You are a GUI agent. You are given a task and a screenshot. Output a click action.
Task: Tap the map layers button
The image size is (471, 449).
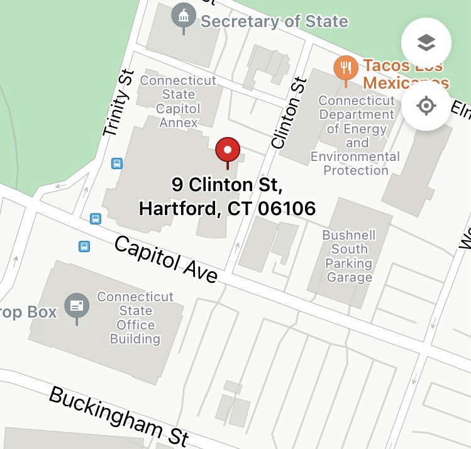coord(426,43)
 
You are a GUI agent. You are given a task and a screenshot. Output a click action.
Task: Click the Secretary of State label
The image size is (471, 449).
coord(274,21)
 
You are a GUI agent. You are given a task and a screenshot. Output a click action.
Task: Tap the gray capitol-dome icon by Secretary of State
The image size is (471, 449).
coord(184,16)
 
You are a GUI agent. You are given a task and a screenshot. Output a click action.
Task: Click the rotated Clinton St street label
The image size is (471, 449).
coord(289,113)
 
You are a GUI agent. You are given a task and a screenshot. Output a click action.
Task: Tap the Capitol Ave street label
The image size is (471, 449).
coord(166,260)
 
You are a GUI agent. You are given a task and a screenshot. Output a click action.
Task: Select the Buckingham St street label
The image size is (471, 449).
coord(118,413)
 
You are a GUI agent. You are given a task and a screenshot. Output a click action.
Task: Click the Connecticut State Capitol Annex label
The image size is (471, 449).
coord(179,101)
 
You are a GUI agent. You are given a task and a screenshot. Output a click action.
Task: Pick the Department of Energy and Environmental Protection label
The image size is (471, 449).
coord(355,135)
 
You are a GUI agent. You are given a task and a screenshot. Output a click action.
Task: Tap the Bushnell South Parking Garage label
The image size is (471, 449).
coord(349,256)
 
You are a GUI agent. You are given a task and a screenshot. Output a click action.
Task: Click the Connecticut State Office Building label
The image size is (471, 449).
coord(135,318)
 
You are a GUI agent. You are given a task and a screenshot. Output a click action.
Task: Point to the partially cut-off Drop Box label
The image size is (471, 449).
coord(28,312)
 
